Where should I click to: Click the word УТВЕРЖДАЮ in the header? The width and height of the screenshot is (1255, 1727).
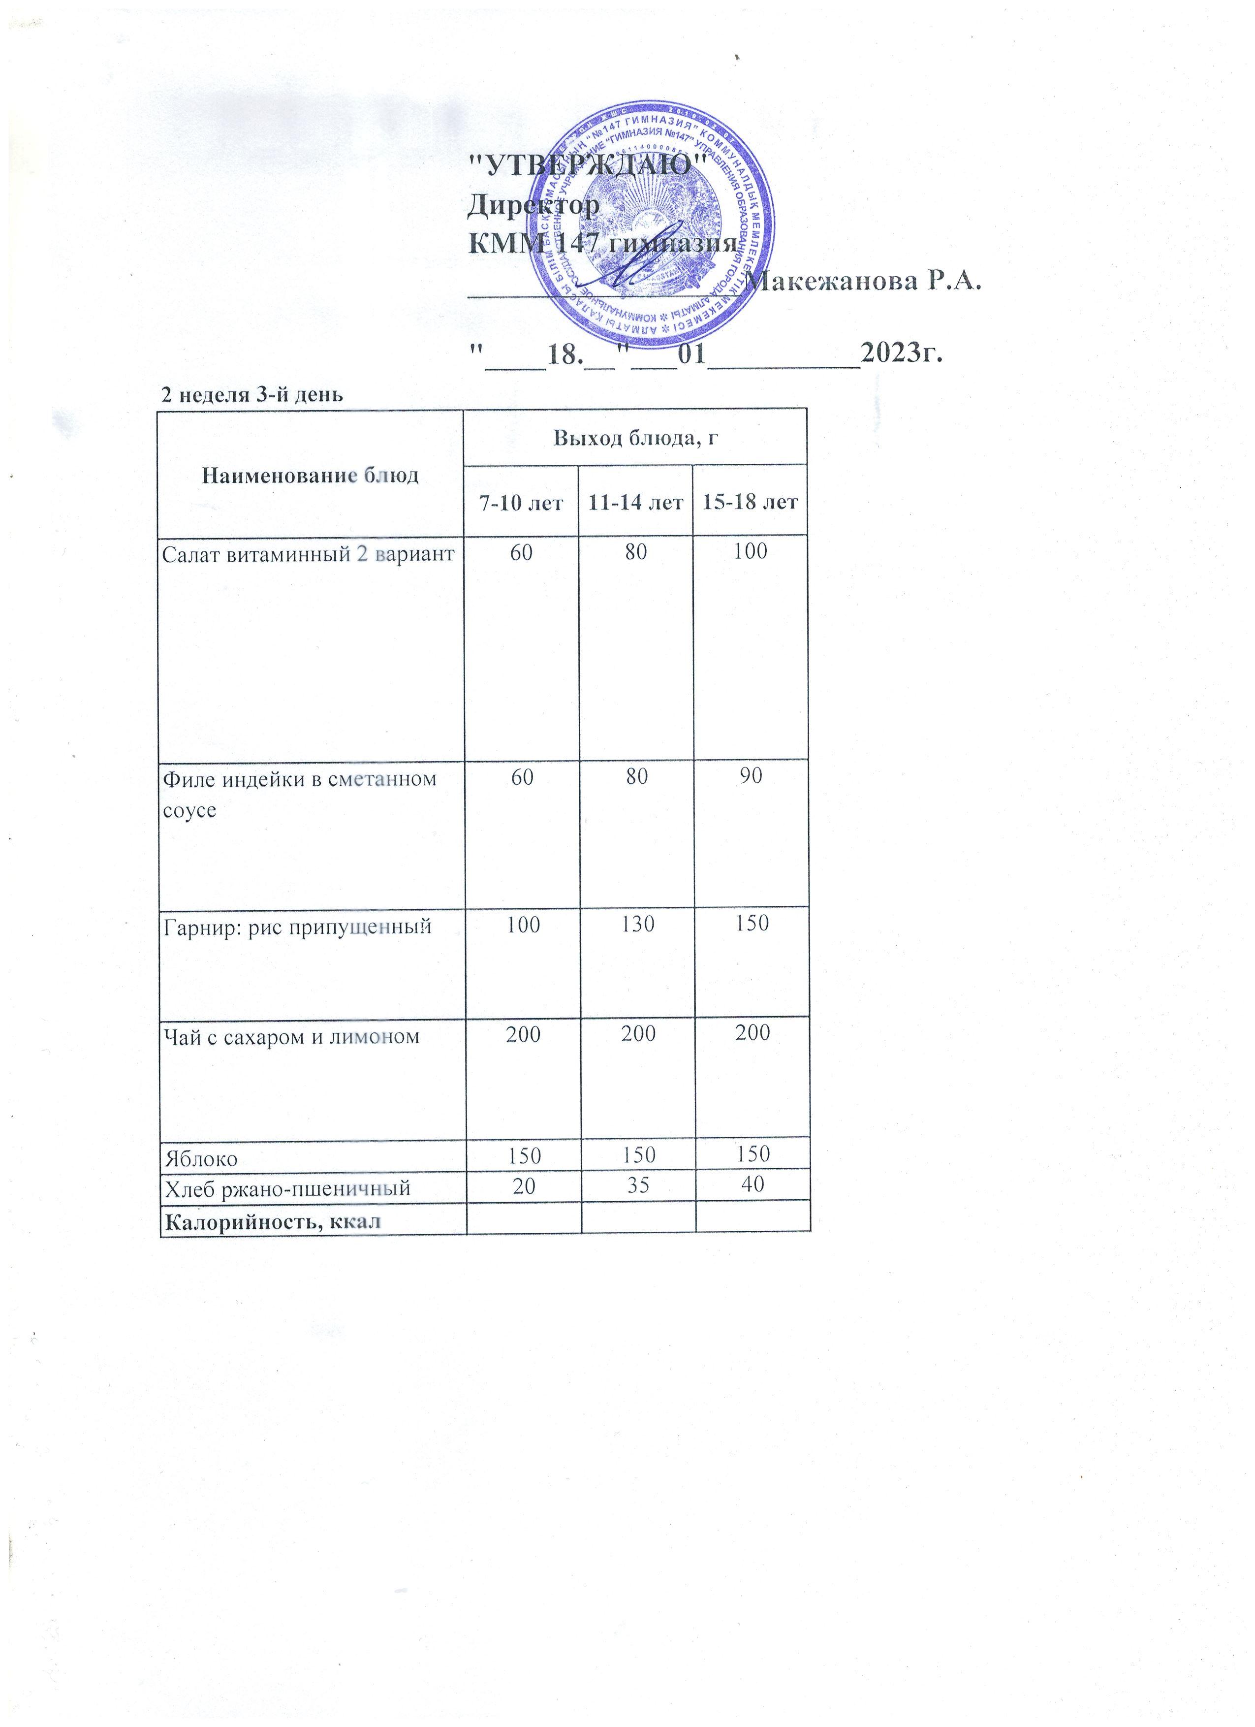point(588,165)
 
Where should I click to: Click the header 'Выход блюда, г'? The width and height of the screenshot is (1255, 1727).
point(635,438)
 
